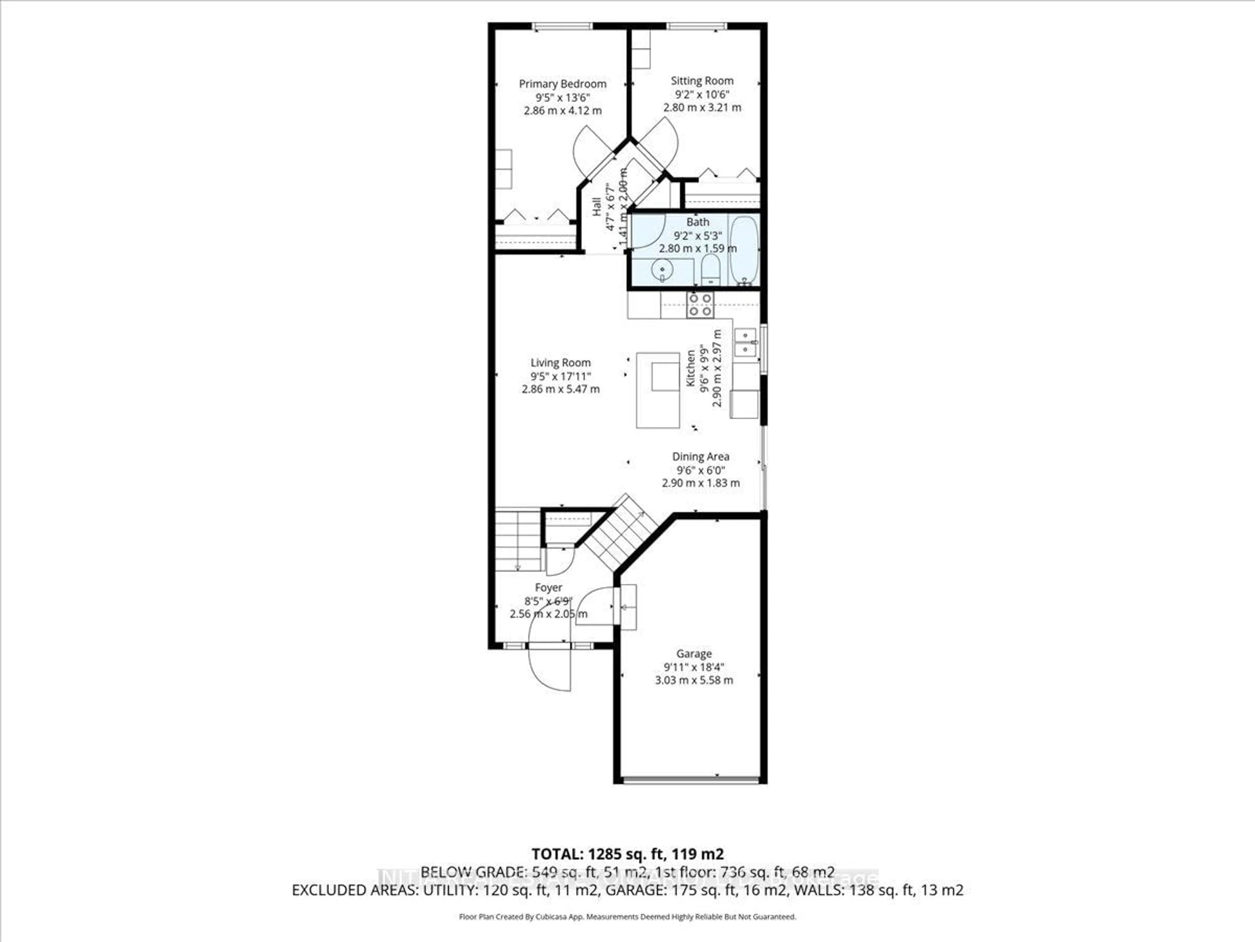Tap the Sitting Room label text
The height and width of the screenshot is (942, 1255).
(x=702, y=81)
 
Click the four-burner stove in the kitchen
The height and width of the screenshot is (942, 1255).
(x=700, y=305)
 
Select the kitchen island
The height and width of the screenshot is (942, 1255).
(x=658, y=390)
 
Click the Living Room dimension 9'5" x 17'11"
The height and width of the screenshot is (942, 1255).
(x=561, y=376)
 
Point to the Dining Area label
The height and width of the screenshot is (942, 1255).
(x=701, y=457)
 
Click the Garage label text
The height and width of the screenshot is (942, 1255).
(x=693, y=654)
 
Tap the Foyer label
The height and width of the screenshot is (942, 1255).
(x=548, y=588)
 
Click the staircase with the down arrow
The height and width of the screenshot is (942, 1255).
(x=517, y=541)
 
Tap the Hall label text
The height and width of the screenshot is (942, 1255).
(x=597, y=206)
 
